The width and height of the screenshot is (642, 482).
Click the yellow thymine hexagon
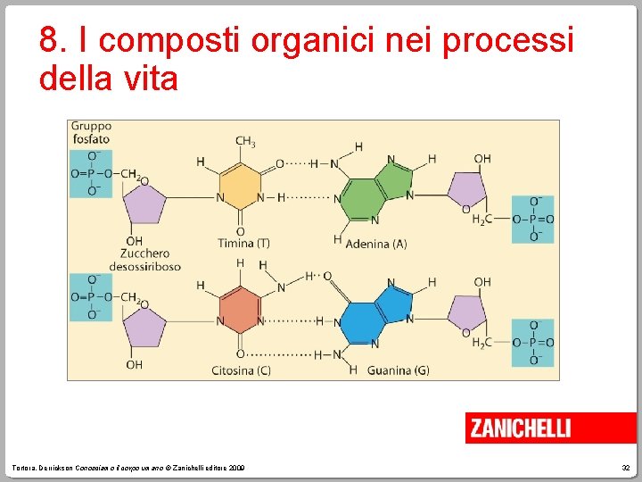click(x=240, y=183)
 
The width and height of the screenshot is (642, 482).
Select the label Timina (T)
click(x=243, y=243)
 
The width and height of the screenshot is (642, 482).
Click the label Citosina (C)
click(x=241, y=370)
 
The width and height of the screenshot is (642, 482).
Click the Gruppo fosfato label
click(x=91, y=132)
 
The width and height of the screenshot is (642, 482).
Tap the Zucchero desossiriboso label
click(x=144, y=260)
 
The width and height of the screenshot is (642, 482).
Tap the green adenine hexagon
click(x=357, y=199)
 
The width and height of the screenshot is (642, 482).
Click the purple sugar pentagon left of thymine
click(x=144, y=206)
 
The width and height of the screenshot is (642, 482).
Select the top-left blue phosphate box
click(x=91, y=173)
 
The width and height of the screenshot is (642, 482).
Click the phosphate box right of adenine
click(x=532, y=219)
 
